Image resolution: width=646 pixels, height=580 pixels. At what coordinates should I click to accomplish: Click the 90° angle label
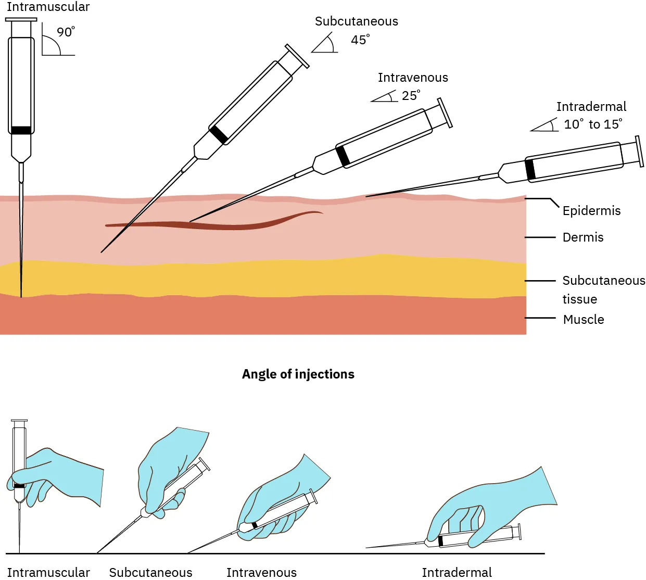[x=65, y=32]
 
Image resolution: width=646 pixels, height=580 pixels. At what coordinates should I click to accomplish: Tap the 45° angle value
[x=360, y=40]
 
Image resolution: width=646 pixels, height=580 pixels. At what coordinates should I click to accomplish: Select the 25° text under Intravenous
[x=410, y=96]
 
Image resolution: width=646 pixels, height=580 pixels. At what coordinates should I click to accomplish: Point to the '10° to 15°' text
[x=593, y=124]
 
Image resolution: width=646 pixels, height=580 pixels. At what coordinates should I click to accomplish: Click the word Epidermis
[x=591, y=211]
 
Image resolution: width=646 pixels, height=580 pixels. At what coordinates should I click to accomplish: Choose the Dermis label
[x=583, y=237]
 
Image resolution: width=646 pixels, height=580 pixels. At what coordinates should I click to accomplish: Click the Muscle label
[x=584, y=320]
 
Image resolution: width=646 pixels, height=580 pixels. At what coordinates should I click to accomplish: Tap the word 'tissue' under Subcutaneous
[x=579, y=299]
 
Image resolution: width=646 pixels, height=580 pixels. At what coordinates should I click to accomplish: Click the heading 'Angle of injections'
[x=298, y=374]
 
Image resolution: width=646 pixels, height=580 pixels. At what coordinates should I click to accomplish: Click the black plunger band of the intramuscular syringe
[x=21, y=130]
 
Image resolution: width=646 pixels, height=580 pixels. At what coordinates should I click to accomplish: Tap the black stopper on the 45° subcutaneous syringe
[x=219, y=134]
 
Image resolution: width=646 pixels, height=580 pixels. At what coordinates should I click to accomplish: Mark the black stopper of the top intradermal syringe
[x=530, y=170]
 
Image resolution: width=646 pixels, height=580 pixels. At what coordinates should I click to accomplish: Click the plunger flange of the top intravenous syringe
[x=445, y=112]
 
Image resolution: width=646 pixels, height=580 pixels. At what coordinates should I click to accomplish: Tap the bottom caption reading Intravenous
[x=261, y=572]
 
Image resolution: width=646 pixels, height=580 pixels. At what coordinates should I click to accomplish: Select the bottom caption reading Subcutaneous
[x=150, y=572]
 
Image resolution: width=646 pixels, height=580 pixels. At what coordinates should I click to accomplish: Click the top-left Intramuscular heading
[x=48, y=7]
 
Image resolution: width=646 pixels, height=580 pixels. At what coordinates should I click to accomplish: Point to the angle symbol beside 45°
[x=325, y=44]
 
